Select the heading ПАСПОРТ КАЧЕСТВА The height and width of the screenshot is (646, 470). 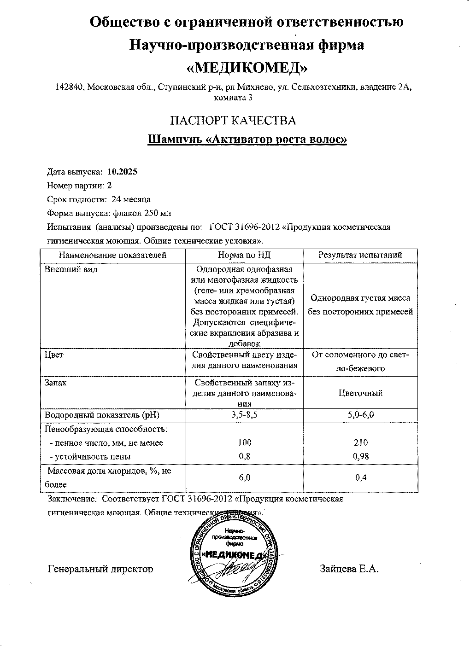[x=233, y=121]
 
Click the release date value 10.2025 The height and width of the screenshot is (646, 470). [x=122, y=172]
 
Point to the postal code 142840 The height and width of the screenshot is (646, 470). [x=69, y=87]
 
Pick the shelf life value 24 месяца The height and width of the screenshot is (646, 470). [x=131, y=199]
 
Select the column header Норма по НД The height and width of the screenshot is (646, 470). [x=244, y=255]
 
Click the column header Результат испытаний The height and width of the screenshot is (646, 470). [x=360, y=255]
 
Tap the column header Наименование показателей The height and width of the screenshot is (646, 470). [x=112, y=255]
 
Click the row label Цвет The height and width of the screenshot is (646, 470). [x=54, y=355]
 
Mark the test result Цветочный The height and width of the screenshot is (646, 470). [x=360, y=393]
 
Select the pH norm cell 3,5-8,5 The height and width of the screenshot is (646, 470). [x=244, y=415]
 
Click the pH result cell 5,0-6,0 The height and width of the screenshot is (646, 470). [x=360, y=415]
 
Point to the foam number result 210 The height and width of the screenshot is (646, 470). [x=361, y=442]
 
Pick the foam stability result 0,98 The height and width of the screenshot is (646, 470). [x=361, y=456]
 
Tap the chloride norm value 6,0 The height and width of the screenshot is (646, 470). [x=245, y=477]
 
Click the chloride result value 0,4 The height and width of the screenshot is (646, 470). [x=361, y=477]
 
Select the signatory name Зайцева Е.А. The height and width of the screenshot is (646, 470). [x=349, y=569]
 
